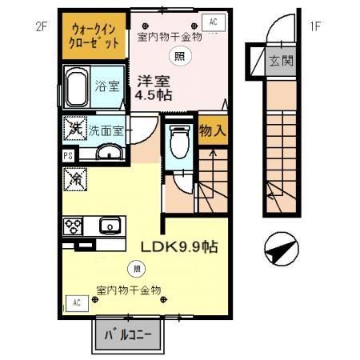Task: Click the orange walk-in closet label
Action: tap(94, 34)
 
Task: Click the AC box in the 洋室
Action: tap(214, 22)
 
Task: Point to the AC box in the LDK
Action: tap(78, 302)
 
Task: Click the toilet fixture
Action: tap(180, 140)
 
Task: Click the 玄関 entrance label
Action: tap(279, 60)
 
